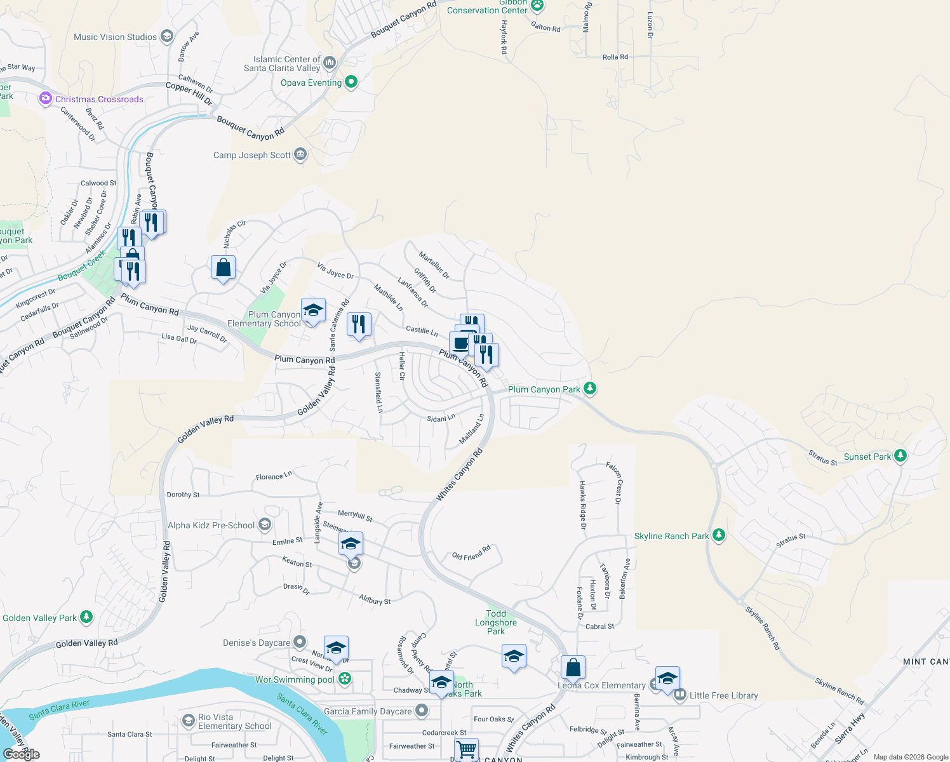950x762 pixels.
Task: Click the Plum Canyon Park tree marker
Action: click(590, 388)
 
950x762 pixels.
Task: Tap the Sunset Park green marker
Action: click(900, 455)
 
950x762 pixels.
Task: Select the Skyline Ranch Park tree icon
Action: click(718, 535)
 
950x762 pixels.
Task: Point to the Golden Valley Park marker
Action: click(86, 617)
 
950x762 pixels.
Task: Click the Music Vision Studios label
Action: click(115, 37)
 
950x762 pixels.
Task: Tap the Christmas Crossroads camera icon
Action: click(45, 98)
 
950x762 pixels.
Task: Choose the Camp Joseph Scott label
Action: click(252, 155)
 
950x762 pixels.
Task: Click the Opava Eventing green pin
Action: click(351, 82)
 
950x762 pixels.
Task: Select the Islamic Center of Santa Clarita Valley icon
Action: click(329, 62)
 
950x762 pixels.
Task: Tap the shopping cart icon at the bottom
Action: click(467, 750)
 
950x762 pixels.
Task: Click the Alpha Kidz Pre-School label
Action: click(211, 525)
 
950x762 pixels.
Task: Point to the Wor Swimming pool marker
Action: click(345, 679)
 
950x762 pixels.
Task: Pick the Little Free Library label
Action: click(723, 695)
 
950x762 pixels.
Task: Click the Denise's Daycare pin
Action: click(300, 642)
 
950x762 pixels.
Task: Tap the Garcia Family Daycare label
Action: click(368, 711)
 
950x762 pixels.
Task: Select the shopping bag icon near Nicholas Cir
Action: click(223, 268)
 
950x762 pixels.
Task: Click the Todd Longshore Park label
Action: click(496, 622)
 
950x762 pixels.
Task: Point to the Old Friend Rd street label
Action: click(471, 553)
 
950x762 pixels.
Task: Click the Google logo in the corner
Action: click(22, 754)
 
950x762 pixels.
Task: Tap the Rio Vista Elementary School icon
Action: click(188, 721)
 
